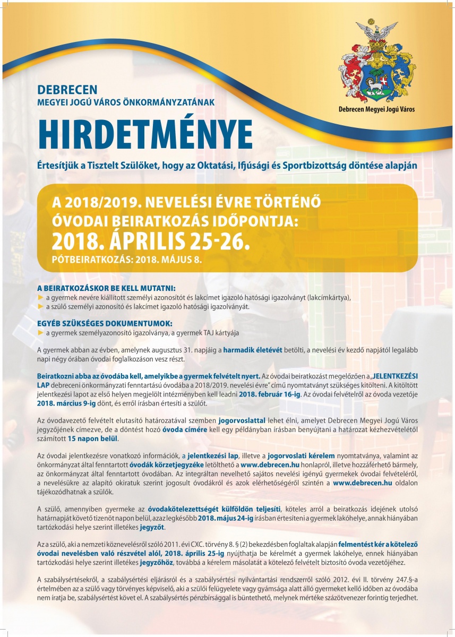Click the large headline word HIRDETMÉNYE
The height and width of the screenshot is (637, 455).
(145, 129)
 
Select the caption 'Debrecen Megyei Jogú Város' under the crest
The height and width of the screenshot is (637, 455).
(377, 109)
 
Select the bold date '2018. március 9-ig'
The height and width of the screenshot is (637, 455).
(67, 403)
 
